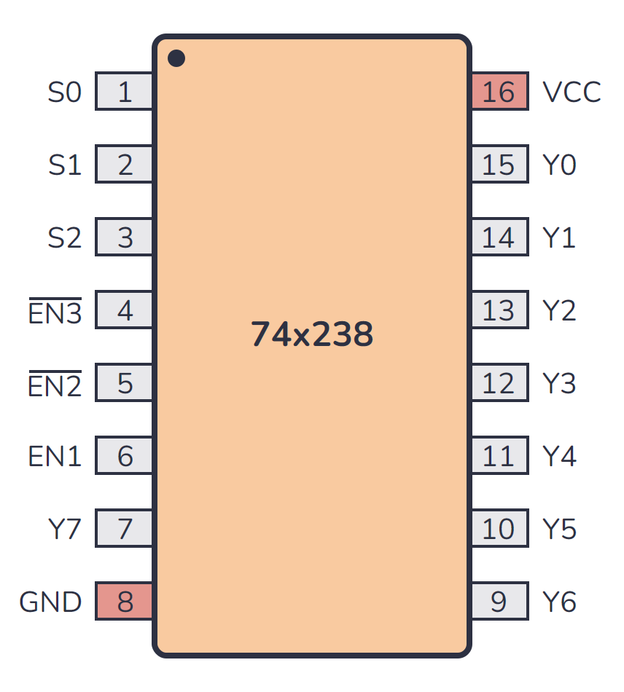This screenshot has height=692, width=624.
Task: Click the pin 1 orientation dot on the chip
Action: (176, 58)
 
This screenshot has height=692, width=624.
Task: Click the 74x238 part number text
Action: (312, 334)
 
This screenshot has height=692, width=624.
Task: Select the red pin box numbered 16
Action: (499, 93)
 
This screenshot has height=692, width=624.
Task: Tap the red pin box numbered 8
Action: (125, 602)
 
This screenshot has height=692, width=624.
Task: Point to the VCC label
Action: (572, 93)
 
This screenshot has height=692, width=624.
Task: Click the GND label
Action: (50, 602)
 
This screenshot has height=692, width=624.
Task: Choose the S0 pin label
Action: (65, 93)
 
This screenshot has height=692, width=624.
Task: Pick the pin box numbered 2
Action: (125, 165)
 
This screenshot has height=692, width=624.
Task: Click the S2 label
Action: (65, 238)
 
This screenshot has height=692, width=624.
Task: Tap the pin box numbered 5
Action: (125, 384)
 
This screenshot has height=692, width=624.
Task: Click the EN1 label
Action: (55, 457)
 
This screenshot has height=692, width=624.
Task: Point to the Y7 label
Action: (64, 530)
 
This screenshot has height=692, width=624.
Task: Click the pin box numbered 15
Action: (499, 165)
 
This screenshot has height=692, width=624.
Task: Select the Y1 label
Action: (559, 238)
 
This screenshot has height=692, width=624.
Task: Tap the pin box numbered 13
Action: (499, 311)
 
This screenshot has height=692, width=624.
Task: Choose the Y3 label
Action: (559, 384)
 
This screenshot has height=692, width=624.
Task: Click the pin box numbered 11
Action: (499, 457)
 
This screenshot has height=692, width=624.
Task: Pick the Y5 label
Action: (559, 530)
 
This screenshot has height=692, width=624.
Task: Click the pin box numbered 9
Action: (499, 602)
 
